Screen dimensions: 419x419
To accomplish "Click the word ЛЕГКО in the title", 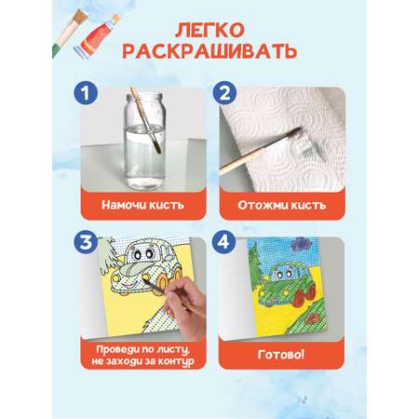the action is [209, 31].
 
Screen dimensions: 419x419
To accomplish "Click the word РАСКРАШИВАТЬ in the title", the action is [209, 51].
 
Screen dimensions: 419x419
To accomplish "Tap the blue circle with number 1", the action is [86, 93].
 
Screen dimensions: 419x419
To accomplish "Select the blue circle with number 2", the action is [224, 93].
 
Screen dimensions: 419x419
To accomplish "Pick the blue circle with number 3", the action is [86, 242].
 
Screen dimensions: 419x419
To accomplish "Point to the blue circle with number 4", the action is [223, 242].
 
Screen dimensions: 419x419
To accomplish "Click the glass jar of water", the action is [144, 142].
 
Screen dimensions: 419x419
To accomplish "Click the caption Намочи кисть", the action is [143, 205].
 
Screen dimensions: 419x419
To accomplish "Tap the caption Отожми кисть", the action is [282, 205].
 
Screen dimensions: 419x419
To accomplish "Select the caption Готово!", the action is [281, 354].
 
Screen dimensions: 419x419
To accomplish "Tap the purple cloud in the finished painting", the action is [300, 244].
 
